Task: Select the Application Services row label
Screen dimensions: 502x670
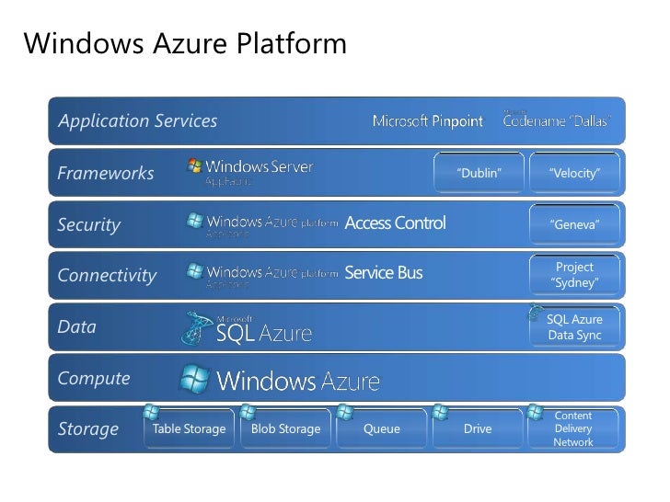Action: point(138,120)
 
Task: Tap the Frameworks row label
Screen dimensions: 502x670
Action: point(106,173)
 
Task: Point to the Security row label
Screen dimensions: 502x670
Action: point(89,224)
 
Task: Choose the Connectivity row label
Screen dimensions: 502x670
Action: point(107,275)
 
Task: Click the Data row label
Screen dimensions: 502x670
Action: point(77,326)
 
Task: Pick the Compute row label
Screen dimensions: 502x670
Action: point(94,378)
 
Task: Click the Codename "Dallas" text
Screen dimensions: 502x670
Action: point(557,121)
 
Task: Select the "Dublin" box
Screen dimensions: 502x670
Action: point(479,173)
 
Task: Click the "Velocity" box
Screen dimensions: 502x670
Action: point(574,173)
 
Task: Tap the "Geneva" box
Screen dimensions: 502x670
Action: point(574,224)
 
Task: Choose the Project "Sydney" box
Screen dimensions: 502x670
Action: point(574,275)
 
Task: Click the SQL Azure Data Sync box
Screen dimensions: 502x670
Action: point(574,326)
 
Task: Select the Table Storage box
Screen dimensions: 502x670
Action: point(189,428)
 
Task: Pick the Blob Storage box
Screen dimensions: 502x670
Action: point(285,428)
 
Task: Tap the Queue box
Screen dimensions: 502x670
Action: point(382,428)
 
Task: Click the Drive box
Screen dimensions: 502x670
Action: point(478,428)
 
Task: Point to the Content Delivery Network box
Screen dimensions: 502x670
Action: point(573,428)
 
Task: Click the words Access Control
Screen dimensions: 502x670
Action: point(395,222)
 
